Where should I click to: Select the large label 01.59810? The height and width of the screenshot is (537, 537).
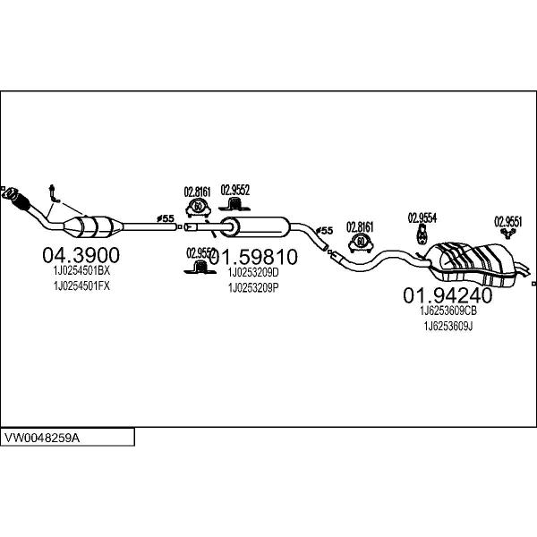(253, 257)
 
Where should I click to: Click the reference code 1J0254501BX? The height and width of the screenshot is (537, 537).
(77, 270)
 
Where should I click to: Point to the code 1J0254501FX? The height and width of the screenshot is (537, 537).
(77, 286)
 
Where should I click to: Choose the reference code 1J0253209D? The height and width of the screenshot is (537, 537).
(253, 273)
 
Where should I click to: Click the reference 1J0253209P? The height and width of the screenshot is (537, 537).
(253, 287)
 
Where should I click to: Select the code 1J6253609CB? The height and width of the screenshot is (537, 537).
(447, 311)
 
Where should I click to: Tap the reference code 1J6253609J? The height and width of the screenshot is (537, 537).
(447, 326)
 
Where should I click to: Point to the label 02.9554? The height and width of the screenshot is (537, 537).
(422, 217)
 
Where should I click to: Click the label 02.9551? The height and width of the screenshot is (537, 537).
(508, 220)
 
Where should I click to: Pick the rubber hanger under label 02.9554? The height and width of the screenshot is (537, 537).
(422, 235)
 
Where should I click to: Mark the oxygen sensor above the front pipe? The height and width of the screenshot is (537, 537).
(54, 191)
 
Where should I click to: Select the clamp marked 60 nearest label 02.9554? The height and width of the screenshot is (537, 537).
(360, 243)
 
